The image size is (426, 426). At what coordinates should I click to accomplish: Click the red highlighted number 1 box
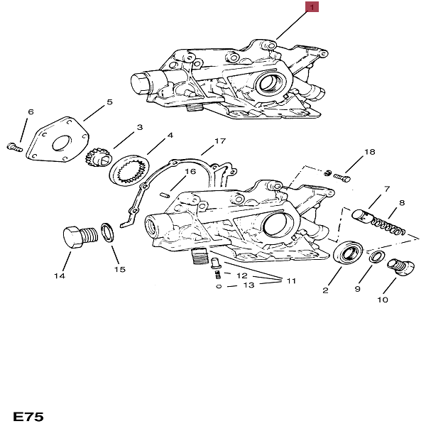[x=313, y=8]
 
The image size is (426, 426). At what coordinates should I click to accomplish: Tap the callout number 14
[x=60, y=275]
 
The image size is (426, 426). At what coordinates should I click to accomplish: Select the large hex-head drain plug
[x=76, y=236]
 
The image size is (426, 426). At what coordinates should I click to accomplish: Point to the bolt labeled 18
[x=340, y=176]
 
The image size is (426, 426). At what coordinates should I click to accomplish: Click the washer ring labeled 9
[x=378, y=256]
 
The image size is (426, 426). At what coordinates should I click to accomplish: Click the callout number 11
[x=291, y=281]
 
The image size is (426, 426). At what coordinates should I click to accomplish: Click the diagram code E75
[x=28, y=415]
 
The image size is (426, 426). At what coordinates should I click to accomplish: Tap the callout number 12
[x=241, y=275]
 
